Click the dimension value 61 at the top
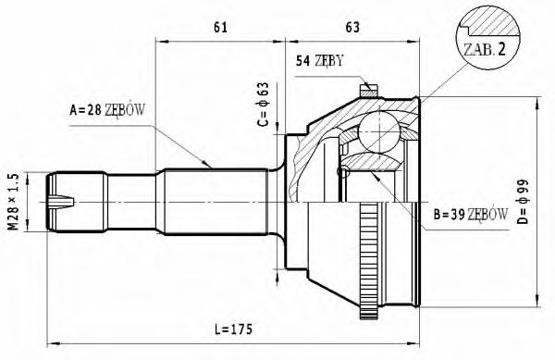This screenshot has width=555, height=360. (220, 27)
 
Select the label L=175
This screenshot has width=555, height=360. (233, 329)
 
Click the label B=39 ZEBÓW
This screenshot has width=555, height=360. (470, 215)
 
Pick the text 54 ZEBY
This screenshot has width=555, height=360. (320, 62)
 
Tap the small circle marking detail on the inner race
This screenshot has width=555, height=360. (344, 172)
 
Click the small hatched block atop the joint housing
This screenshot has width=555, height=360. (368, 90)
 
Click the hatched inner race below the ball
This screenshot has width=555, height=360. (374, 167)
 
